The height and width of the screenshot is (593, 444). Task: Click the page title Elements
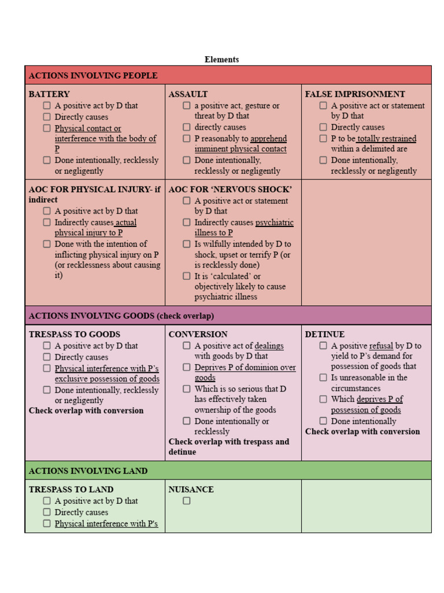[x=221, y=59]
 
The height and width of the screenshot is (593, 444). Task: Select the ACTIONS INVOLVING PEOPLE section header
[x=93, y=75]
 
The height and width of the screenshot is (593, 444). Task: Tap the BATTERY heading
[x=49, y=94]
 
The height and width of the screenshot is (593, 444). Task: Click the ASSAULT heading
[x=188, y=94]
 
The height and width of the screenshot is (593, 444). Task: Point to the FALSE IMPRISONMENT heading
[x=355, y=94]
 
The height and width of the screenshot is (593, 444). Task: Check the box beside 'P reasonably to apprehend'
[x=187, y=138]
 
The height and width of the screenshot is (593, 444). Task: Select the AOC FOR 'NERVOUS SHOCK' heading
[x=230, y=189]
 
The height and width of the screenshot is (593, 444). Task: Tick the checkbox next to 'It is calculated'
[x=187, y=276]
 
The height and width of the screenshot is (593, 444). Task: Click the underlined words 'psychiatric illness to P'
[x=243, y=228]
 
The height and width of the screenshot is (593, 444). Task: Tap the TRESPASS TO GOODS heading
[x=75, y=334]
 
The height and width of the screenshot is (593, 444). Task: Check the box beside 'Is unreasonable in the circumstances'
[x=323, y=378]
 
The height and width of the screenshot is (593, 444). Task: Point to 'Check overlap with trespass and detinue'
[x=228, y=446]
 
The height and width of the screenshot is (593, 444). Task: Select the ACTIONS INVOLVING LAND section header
[x=88, y=471]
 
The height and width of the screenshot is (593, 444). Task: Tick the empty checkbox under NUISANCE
[x=187, y=501]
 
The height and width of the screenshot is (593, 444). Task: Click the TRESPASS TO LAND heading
[x=71, y=489]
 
